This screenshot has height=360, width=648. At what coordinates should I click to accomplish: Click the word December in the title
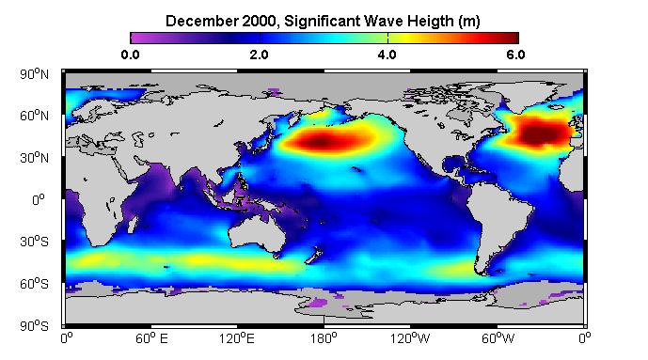click(201, 21)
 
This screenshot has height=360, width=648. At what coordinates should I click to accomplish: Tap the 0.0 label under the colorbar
click(130, 55)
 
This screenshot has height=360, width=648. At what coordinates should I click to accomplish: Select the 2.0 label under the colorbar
click(259, 55)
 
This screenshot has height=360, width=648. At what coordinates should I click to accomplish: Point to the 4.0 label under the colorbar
click(387, 55)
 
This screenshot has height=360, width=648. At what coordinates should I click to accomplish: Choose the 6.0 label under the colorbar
click(515, 55)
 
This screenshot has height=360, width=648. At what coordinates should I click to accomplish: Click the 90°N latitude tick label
click(34, 74)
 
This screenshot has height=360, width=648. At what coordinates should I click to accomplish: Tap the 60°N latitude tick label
click(34, 116)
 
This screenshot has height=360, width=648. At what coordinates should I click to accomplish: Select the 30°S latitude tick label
click(34, 242)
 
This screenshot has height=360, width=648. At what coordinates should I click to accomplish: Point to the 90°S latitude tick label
click(34, 326)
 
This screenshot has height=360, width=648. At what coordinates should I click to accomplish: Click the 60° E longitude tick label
click(151, 338)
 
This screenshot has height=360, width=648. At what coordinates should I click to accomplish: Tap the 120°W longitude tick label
click(410, 338)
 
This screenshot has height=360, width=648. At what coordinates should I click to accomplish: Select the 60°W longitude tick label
click(498, 338)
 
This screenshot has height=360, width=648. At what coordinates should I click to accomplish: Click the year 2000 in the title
click(259, 21)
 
